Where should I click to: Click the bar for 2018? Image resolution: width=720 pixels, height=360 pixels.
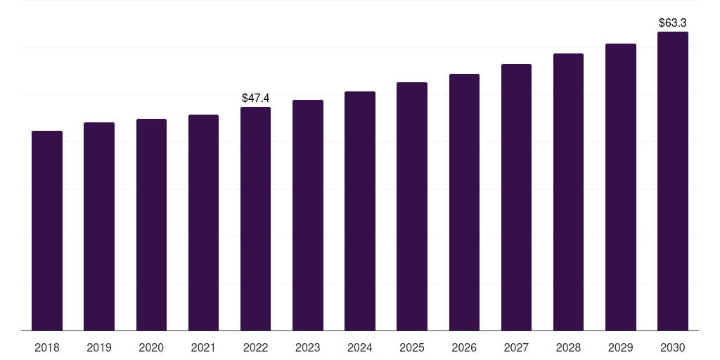coord(47,231)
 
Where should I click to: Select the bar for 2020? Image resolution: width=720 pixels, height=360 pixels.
coord(151,225)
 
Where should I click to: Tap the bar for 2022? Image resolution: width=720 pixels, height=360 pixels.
coord(255,219)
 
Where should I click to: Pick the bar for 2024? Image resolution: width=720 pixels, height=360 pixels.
coord(360,211)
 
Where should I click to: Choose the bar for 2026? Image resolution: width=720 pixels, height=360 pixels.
coord(464,202)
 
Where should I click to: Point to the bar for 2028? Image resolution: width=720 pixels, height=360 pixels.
coord(568,192)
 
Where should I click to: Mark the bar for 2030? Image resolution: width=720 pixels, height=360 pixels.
coord(673,181)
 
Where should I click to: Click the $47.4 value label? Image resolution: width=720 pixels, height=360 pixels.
coord(255,98)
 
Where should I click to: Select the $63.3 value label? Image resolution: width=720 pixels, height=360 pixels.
coord(673,23)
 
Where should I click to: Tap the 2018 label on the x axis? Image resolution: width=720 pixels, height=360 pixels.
coord(47,347)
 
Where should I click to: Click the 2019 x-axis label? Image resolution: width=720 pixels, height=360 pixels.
coord(99,347)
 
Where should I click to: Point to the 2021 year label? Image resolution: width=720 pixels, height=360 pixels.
coord(203,347)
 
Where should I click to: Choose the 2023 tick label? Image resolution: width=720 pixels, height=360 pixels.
coord(308,347)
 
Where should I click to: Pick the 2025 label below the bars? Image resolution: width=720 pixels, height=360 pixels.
coord(412,347)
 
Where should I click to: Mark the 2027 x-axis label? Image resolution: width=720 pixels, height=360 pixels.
coord(516,347)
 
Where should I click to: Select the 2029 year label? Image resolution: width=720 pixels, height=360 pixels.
coord(621,347)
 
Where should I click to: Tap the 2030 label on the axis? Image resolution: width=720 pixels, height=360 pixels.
coord(673,347)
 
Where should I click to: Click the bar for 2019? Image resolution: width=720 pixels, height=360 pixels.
coord(99,226)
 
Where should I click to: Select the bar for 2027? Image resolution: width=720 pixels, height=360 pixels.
coord(516,198)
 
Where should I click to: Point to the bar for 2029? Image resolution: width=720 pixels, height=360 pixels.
coord(621,187)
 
